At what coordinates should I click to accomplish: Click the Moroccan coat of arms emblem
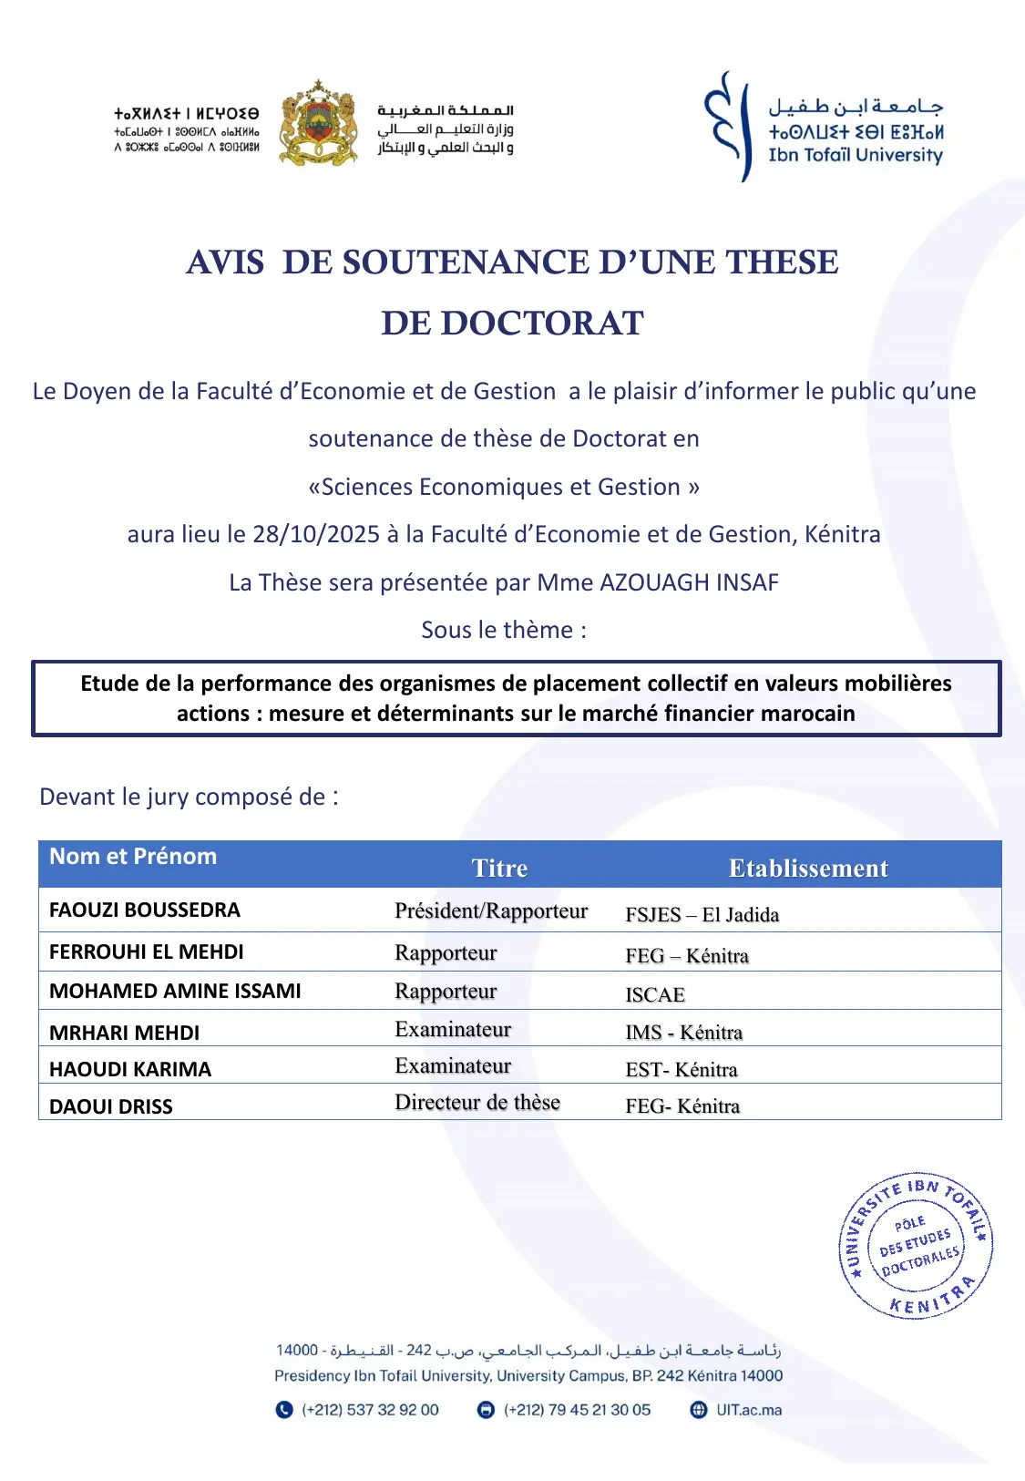(317, 125)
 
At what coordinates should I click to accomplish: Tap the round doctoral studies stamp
(916, 1245)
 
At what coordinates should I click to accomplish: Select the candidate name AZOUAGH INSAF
(689, 582)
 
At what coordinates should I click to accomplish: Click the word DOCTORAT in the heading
(512, 323)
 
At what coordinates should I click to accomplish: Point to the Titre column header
(499, 868)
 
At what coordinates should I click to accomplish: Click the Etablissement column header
(808, 868)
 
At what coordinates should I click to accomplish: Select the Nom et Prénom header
(133, 856)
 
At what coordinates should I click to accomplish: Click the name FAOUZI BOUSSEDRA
(145, 910)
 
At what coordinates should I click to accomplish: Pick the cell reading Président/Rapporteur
(491, 910)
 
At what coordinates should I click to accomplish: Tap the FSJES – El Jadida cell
(702, 914)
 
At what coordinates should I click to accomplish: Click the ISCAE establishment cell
(655, 994)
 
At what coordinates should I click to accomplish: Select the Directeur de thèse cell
(477, 1102)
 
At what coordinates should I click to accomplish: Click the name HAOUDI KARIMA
(130, 1069)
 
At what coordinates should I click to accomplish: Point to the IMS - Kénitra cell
(683, 1032)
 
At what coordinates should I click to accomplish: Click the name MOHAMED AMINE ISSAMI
(175, 991)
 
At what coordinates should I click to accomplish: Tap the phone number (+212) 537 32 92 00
(370, 1410)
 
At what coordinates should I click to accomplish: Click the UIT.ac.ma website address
(749, 1410)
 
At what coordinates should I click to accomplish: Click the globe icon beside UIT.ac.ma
(699, 1410)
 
